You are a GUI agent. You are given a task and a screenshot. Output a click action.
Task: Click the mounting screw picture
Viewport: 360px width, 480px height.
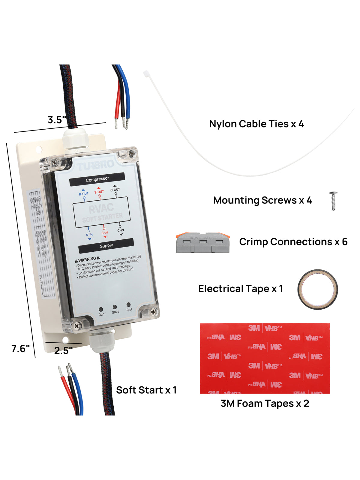coord(333,201)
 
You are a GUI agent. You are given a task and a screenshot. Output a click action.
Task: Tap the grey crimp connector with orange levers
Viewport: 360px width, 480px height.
coord(203,242)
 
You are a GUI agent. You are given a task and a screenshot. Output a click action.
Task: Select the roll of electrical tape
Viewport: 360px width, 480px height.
coord(317,289)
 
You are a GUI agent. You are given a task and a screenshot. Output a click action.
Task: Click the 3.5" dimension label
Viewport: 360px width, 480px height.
coord(57,120)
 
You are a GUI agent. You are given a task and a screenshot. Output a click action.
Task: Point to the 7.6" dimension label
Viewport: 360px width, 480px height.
coord(20,349)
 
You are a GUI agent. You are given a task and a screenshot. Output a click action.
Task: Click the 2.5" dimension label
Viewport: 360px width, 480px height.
coord(63,350)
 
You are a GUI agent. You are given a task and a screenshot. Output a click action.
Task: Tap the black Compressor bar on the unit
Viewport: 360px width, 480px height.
coord(97,179)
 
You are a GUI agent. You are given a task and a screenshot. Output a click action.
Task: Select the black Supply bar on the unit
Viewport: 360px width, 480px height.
coord(106,246)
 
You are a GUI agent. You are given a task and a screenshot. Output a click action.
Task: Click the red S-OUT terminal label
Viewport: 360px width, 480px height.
coord(99,192)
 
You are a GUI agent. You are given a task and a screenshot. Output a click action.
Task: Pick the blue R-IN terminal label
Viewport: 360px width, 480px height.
coord(89,235)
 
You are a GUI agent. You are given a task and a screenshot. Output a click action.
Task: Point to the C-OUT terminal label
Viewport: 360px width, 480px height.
coord(115,190)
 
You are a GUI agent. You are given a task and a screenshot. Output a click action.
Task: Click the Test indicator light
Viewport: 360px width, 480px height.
coord(128,305)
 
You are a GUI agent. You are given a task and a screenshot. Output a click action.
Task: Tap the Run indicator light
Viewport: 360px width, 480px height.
coord(101,309)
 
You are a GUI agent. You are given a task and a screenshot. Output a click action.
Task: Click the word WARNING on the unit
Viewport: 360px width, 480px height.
coord(87,259)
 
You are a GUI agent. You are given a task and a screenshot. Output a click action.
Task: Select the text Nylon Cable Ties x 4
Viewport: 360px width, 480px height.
coord(256,124)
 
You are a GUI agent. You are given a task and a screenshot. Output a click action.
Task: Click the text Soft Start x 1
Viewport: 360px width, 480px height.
coord(146,390)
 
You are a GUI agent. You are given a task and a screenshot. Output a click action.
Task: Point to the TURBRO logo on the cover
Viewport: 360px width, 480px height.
coord(95,165)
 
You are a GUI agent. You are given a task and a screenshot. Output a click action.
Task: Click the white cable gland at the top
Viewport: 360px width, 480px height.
coord(75,138)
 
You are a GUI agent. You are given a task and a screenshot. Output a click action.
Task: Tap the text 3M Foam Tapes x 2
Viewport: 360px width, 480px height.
coord(265,403)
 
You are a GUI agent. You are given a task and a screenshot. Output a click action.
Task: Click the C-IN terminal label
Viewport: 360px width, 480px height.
coord(121,230)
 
